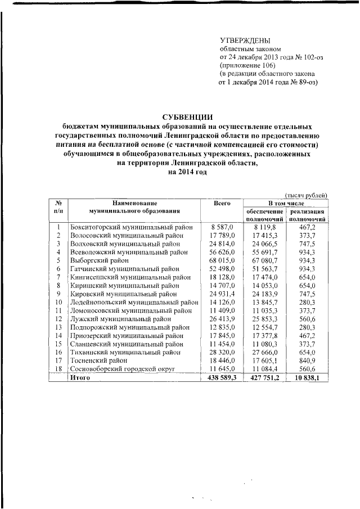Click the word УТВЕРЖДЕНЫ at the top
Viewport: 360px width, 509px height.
click(244, 40)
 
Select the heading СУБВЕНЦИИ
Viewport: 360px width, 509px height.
click(185, 116)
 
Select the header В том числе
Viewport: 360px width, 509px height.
click(285, 202)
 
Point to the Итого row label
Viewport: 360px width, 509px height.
click(77, 378)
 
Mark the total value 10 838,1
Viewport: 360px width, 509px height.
click(307, 378)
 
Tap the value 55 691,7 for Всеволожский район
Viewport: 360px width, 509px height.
click(264, 252)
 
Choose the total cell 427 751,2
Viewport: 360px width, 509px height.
click(264, 378)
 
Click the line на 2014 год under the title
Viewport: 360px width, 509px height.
click(185, 172)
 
